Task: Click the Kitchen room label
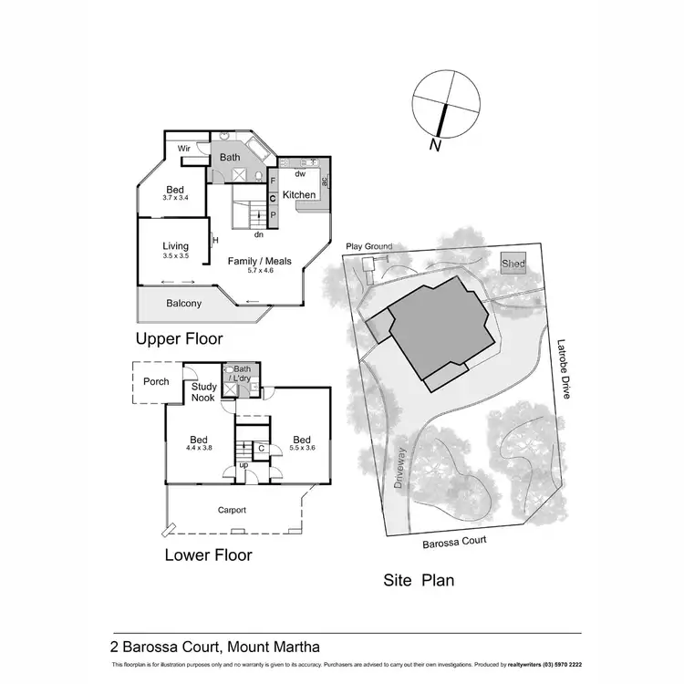click(x=299, y=195)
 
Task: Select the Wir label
click(x=183, y=148)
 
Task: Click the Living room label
click(x=175, y=246)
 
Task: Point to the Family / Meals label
click(x=260, y=261)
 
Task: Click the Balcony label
click(x=184, y=304)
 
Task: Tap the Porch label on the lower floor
click(x=156, y=381)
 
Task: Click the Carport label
click(x=233, y=511)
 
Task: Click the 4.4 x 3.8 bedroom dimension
click(x=199, y=448)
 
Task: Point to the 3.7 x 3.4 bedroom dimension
click(x=175, y=197)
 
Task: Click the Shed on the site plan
click(x=513, y=264)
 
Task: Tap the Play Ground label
click(x=368, y=247)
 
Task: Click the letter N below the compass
click(x=436, y=144)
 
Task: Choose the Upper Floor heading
click(x=179, y=340)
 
